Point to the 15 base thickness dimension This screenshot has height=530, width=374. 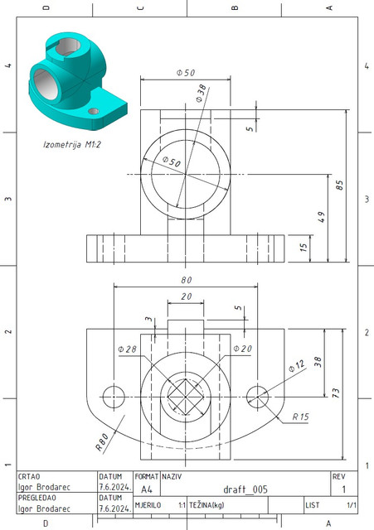[x=304, y=246]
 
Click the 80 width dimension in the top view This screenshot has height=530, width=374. [x=186, y=280]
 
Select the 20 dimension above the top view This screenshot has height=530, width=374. [x=186, y=296]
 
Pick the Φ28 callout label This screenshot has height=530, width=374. [x=128, y=349]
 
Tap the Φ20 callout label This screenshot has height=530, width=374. [x=241, y=349]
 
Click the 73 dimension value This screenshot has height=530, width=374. [x=337, y=393]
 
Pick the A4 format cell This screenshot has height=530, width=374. [x=147, y=489]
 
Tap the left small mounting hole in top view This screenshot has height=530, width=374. [x=113, y=393]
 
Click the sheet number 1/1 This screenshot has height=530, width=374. [x=351, y=503]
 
